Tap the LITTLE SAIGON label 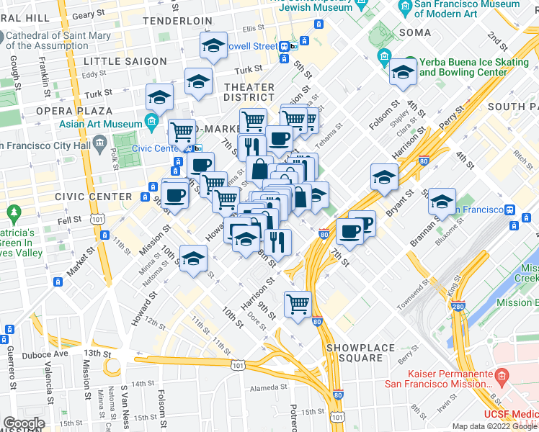[125, 61]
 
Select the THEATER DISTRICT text [249, 93]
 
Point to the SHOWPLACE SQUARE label [360, 353]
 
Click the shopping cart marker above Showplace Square [298, 303]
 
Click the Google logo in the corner [24, 423]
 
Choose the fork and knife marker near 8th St [277, 241]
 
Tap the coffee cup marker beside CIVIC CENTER [175, 194]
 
